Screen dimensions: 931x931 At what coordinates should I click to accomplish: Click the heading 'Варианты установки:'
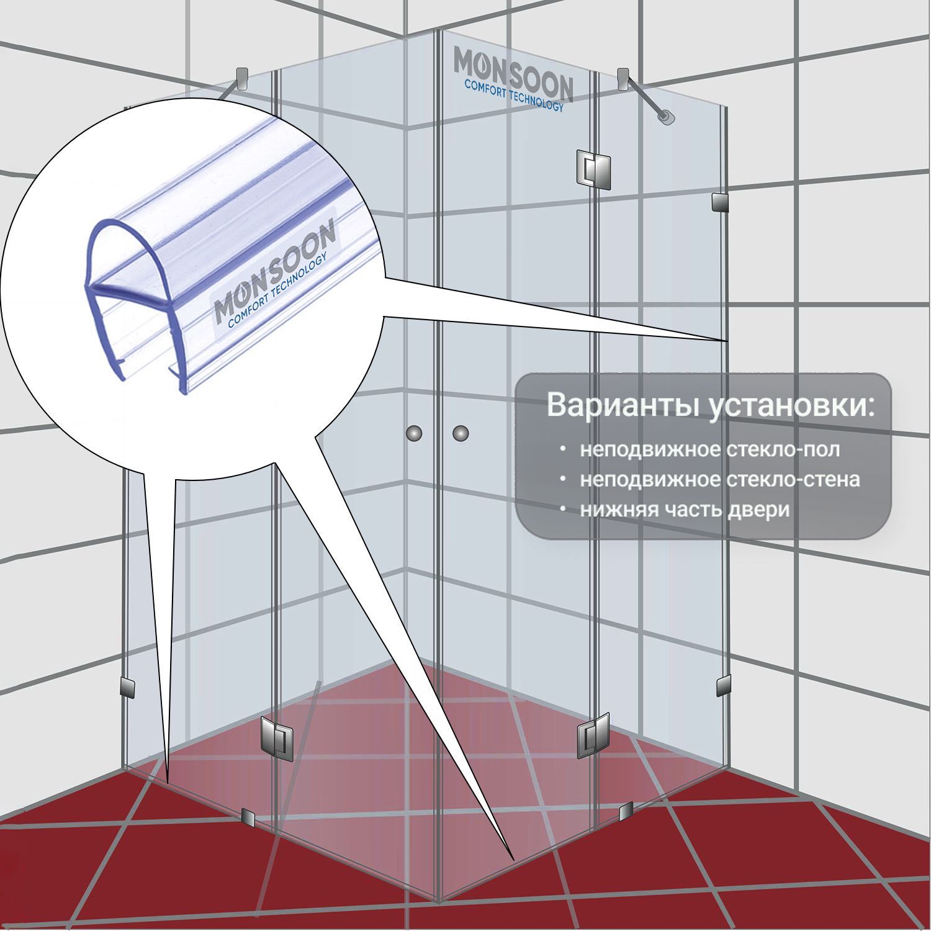(711, 405)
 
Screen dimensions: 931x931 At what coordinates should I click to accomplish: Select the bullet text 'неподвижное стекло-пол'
(710, 449)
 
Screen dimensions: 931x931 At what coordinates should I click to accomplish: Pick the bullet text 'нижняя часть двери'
(685, 510)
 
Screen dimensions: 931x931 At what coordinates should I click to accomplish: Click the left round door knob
(414, 433)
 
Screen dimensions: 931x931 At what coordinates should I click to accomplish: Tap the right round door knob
(461, 433)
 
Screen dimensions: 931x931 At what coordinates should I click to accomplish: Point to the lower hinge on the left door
(277, 739)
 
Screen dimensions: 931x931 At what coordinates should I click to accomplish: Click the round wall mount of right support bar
(667, 117)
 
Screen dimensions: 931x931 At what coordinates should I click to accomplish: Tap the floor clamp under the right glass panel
(626, 810)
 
